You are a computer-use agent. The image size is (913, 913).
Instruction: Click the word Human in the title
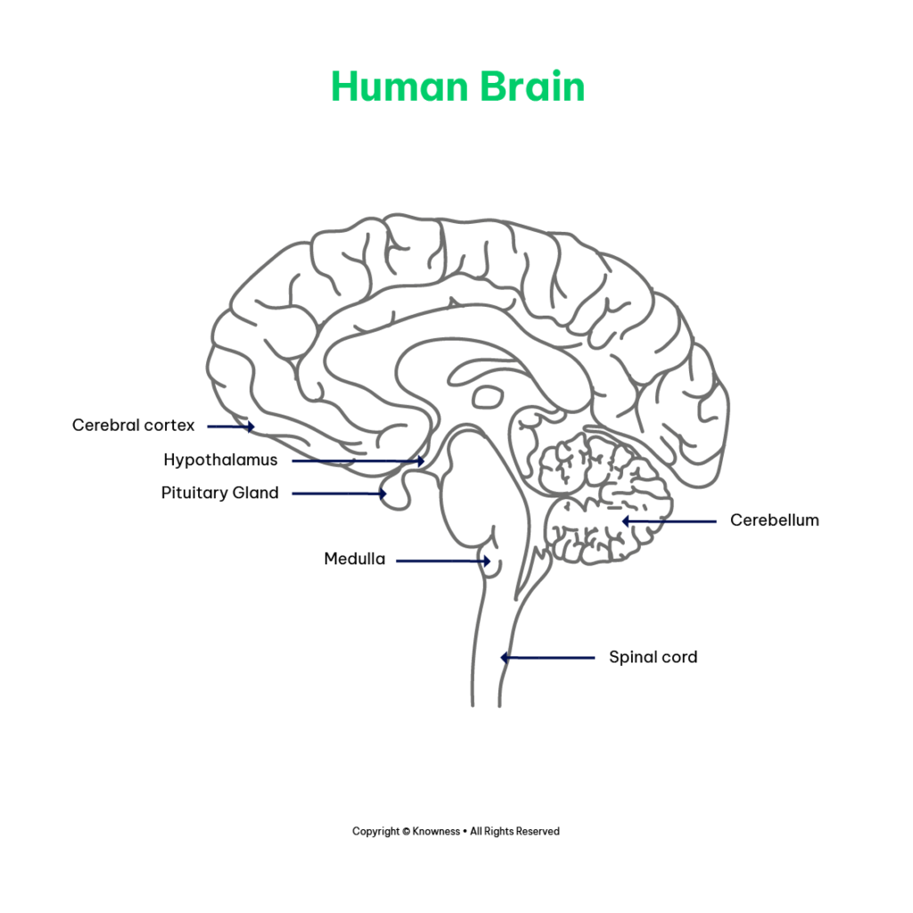(x=399, y=86)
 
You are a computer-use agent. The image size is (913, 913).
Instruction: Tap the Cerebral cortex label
(x=134, y=425)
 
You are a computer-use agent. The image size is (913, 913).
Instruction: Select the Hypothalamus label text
(x=221, y=460)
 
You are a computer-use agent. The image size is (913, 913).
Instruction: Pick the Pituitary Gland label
(x=220, y=492)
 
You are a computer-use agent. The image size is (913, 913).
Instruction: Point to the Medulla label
(x=355, y=559)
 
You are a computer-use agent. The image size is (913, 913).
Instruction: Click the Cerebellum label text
(x=775, y=520)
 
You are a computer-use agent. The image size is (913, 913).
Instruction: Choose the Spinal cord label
(x=654, y=657)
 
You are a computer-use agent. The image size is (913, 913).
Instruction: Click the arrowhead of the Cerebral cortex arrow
(x=251, y=427)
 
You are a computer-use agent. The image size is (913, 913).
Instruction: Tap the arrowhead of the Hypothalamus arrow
(x=421, y=461)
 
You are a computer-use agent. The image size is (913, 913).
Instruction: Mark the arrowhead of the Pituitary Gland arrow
(x=382, y=494)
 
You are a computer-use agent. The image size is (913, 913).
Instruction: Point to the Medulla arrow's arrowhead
(x=486, y=562)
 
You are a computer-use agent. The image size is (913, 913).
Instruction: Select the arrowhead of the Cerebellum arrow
(x=626, y=521)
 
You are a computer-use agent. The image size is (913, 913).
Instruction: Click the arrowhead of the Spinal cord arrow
(x=505, y=658)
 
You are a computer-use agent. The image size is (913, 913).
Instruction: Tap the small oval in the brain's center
(x=488, y=398)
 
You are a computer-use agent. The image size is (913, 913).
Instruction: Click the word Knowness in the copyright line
(x=436, y=832)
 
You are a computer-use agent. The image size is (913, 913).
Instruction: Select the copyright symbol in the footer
(x=406, y=832)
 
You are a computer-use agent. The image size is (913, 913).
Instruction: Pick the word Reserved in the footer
(x=538, y=832)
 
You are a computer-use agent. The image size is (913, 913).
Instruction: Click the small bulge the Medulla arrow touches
(x=491, y=560)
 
